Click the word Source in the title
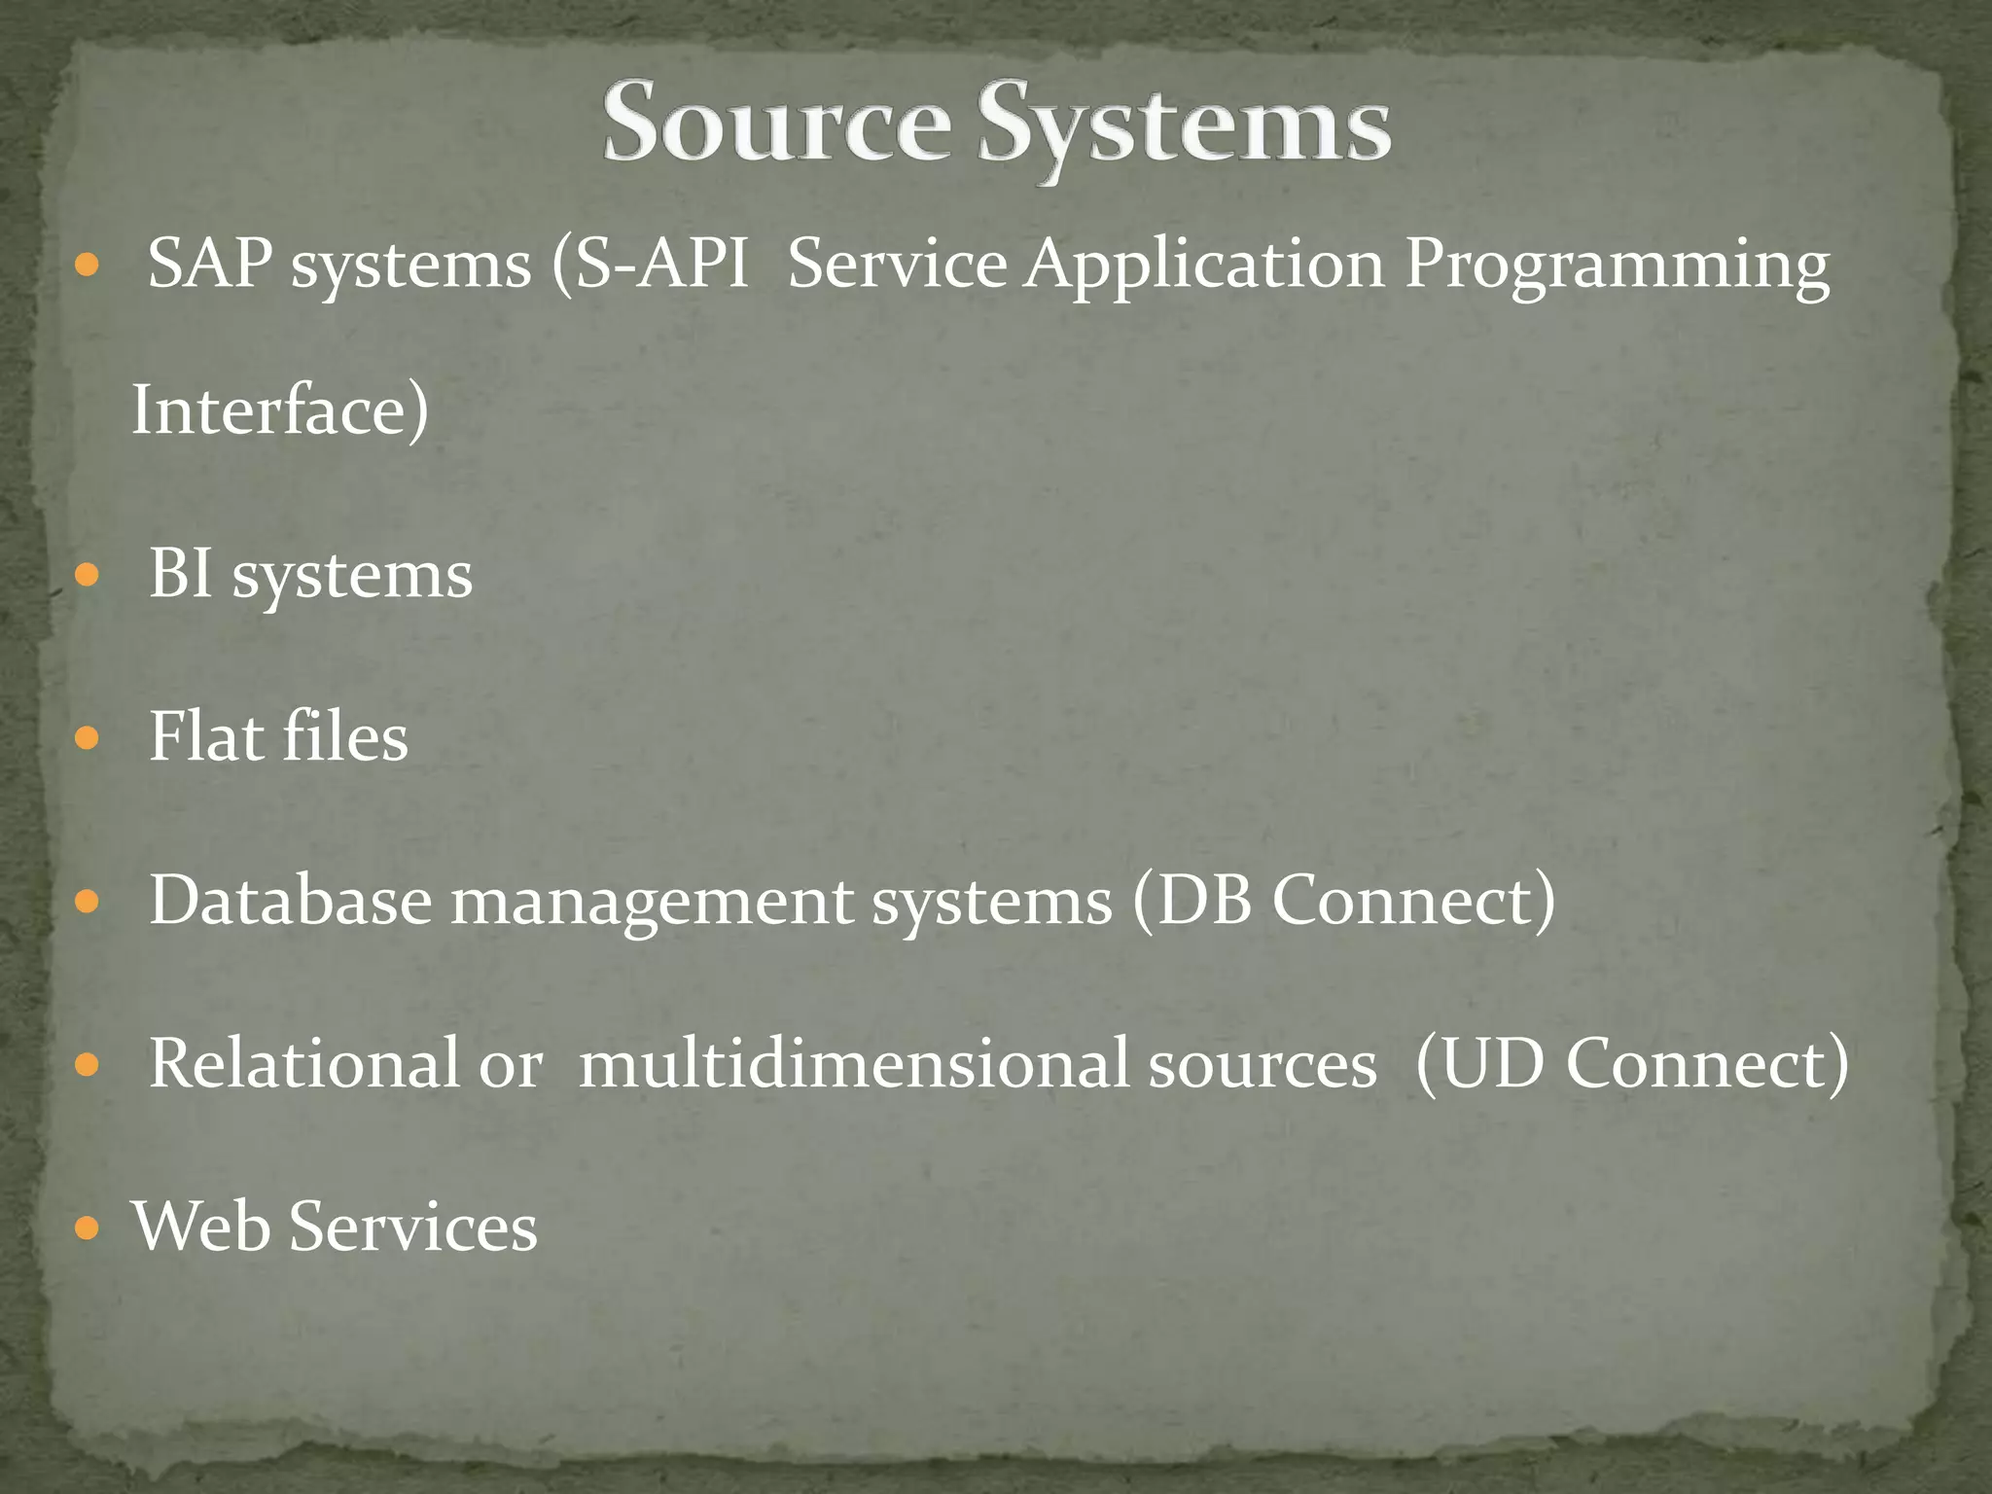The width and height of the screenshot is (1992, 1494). pos(776,124)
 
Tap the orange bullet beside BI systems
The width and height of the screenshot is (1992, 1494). pos(88,575)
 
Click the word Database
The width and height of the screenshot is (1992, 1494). pos(290,900)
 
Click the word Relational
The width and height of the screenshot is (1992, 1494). pos(303,1062)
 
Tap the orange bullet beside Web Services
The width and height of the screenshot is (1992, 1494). pos(88,1227)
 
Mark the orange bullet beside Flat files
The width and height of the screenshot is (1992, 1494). pos(88,737)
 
